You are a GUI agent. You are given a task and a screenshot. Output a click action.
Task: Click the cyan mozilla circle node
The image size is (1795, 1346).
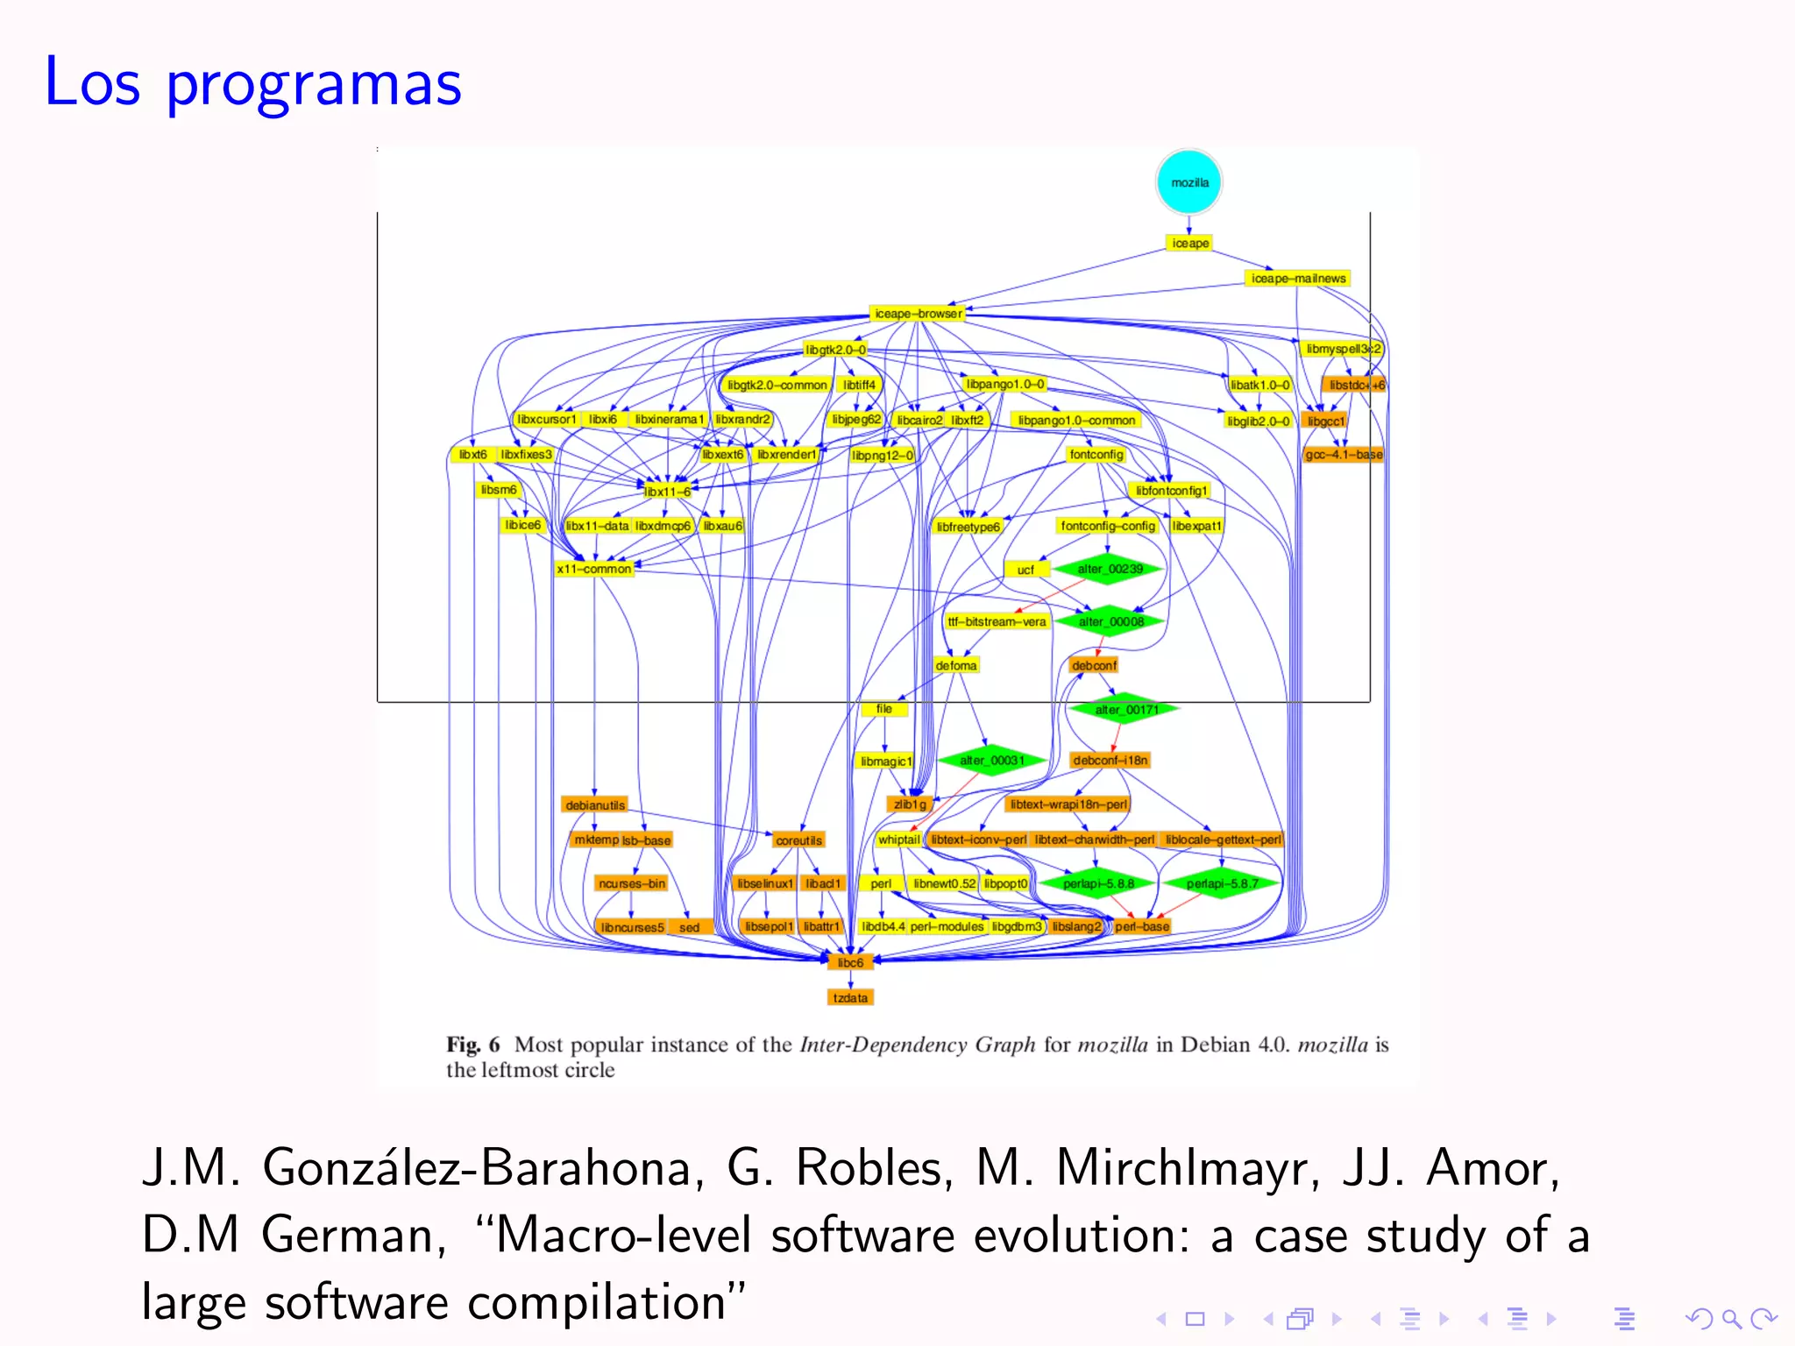1188,182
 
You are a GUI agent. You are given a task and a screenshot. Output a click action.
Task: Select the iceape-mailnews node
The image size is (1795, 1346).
1298,279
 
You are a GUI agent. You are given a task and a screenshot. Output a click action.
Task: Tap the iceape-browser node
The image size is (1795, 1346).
918,314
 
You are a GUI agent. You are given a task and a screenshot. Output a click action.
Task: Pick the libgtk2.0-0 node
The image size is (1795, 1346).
835,350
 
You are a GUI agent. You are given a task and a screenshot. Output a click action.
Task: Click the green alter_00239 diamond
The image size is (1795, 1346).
1110,570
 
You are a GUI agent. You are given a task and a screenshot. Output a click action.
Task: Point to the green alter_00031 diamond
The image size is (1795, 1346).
991,761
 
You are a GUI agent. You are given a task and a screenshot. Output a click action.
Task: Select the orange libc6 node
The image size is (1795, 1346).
850,962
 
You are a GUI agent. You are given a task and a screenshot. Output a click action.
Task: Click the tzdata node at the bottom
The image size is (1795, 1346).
850,998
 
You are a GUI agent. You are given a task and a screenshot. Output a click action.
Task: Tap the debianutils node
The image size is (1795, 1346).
595,805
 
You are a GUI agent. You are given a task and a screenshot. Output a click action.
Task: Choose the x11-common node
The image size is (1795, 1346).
594,569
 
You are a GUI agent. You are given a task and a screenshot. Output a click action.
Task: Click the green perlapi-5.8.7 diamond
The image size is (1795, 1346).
1222,883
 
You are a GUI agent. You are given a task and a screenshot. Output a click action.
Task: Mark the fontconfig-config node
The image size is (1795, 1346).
1108,526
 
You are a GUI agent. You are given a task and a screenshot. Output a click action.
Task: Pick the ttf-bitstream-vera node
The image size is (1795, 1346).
997,622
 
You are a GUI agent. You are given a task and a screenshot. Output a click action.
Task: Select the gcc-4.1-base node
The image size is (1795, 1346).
1344,455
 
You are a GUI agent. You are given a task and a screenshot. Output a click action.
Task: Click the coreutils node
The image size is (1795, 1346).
798,840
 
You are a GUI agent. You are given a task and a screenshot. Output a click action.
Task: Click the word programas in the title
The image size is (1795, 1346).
313,83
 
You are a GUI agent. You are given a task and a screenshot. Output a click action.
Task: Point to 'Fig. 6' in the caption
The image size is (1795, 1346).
472,1045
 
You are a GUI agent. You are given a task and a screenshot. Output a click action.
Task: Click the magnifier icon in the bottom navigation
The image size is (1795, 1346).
1731,1318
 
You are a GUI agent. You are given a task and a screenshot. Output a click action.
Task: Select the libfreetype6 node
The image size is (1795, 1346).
968,527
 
